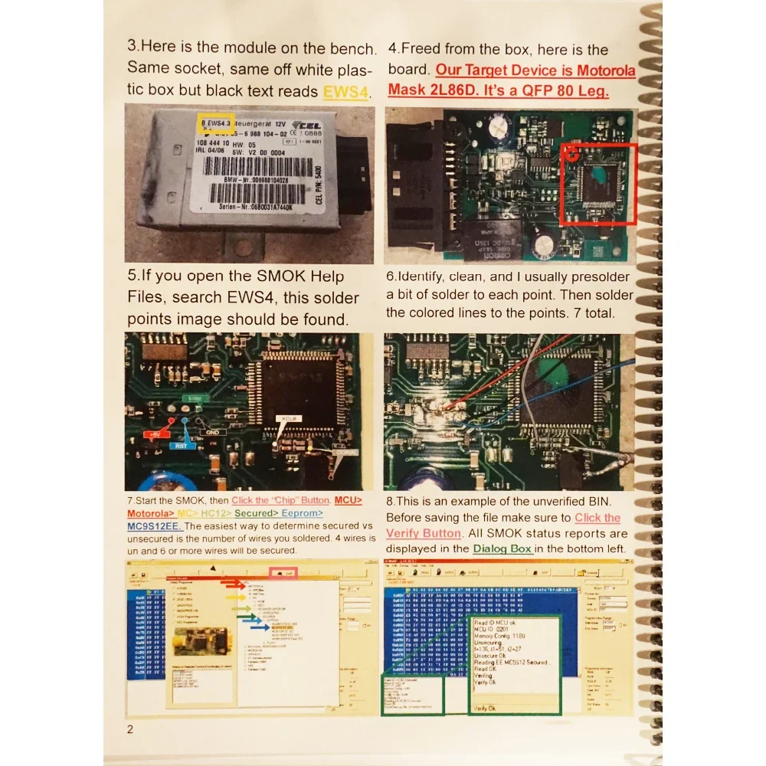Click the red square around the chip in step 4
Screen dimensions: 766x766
(598, 184)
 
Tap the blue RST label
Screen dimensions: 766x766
(182, 445)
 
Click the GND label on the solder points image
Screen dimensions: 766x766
(209, 432)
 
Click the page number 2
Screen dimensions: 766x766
(130, 728)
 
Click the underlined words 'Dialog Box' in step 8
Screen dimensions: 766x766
(502, 548)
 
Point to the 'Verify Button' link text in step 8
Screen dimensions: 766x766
(424, 533)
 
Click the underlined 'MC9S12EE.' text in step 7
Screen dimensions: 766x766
(154, 526)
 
